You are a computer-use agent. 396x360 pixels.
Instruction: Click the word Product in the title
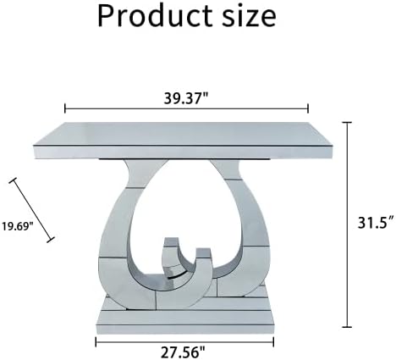click(x=155, y=16)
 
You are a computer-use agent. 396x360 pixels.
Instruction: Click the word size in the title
click(x=249, y=16)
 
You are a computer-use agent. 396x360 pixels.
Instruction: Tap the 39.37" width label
click(x=186, y=98)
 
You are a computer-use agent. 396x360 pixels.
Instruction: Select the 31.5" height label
click(x=376, y=223)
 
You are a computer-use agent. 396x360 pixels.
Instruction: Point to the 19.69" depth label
click(x=18, y=226)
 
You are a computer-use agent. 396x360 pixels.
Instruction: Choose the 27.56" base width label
click(x=183, y=352)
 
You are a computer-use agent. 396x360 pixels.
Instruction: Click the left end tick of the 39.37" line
click(x=65, y=108)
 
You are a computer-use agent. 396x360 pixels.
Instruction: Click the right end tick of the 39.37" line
click(x=308, y=108)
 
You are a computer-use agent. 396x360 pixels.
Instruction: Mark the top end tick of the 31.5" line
click(x=347, y=123)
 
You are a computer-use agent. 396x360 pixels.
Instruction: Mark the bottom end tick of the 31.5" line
click(x=347, y=327)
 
